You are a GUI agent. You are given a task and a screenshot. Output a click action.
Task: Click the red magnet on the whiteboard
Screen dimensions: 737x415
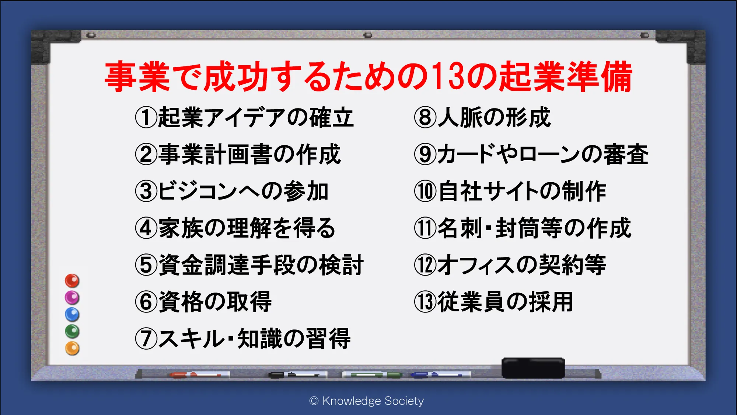pos(72,281)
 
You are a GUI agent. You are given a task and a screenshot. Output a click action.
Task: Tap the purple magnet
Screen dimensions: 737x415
pos(72,298)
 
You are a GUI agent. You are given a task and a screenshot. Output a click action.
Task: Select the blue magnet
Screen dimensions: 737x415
pos(72,315)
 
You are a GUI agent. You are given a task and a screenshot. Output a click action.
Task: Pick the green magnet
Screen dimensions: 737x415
pos(72,332)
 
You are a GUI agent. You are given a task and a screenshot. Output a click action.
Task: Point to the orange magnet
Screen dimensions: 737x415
pos(72,349)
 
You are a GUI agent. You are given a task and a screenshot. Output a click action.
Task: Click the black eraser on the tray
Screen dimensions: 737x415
pos(533,368)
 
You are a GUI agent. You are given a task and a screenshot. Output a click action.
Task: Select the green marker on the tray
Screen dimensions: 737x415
pos(372,375)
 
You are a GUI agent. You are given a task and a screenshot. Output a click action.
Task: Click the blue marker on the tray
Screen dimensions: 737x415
pos(440,375)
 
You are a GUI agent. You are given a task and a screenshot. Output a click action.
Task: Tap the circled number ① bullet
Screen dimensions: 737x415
pos(146,117)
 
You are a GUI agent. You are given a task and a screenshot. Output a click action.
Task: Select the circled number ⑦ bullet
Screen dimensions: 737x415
pos(146,339)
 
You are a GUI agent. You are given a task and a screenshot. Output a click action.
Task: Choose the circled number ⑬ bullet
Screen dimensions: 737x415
pos(425,302)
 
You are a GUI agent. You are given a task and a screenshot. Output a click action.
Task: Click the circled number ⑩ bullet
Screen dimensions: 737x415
pos(425,191)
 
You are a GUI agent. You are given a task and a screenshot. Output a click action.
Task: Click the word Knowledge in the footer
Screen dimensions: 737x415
pos(352,401)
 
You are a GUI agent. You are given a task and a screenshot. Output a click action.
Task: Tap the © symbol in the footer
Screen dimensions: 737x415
pos(314,401)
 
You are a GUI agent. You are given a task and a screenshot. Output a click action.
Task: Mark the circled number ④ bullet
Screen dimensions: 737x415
pos(146,228)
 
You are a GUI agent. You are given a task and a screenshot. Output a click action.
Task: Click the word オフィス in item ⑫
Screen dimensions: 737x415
pos(475,265)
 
